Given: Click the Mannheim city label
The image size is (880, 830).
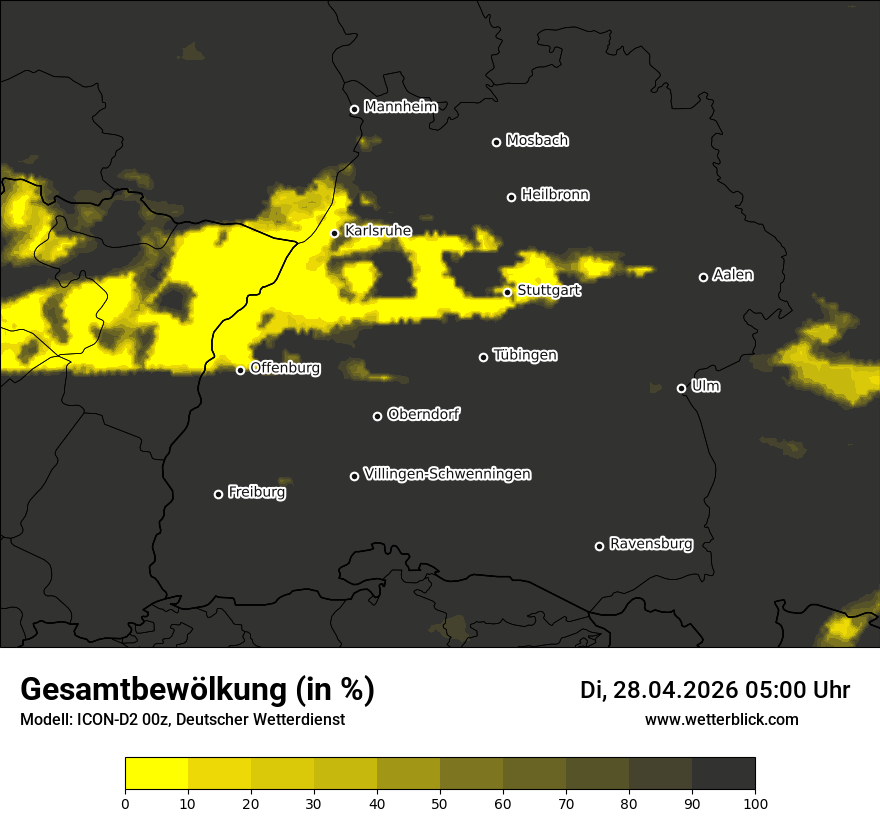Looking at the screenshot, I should (x=400, y=107).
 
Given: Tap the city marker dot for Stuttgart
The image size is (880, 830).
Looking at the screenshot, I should (x=508, y=292).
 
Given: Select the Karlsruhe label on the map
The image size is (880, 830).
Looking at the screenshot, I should (x=377, y=231).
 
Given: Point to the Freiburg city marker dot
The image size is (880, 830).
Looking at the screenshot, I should (x=218, y=494).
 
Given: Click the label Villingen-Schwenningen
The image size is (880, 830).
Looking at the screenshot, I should (x=447, y=474).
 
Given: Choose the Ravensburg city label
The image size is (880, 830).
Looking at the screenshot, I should (x=650, y=544).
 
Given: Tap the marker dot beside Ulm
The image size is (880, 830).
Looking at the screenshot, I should (x=681, y=388).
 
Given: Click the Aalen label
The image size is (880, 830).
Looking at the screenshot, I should (x=732, y=275).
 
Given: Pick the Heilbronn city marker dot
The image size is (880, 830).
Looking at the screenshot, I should (x=511, y=197).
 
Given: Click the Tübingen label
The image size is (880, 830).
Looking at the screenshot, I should (x=525, y=355).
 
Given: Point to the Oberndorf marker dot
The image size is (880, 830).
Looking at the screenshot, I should (x=377, y=416).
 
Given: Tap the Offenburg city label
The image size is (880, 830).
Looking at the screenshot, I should (x=285, y=368).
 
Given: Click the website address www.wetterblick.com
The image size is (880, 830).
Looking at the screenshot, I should (x=721, y=719).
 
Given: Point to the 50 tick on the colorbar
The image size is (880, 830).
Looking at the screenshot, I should (x=440, y=802).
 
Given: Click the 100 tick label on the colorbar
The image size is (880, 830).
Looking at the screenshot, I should (x=754, y=802).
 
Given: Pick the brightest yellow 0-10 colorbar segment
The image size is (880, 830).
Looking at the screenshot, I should (x=156, y=773).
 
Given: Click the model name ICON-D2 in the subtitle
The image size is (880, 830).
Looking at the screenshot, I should (x=101, y=719).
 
